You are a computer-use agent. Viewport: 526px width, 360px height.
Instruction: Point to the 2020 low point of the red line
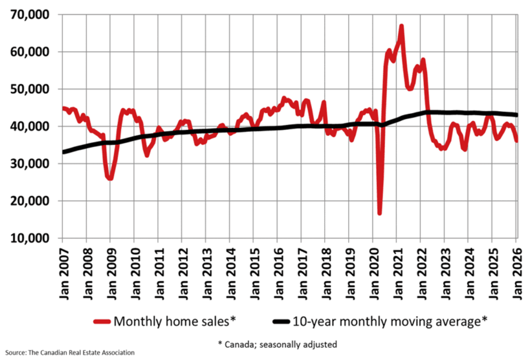(x=379, y=214)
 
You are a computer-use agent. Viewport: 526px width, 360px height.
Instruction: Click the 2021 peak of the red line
(x=401, y=26)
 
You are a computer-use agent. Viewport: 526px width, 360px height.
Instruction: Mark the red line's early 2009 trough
(x=110, y=178)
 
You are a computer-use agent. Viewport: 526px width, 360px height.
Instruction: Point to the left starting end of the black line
(x=63, y=152)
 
